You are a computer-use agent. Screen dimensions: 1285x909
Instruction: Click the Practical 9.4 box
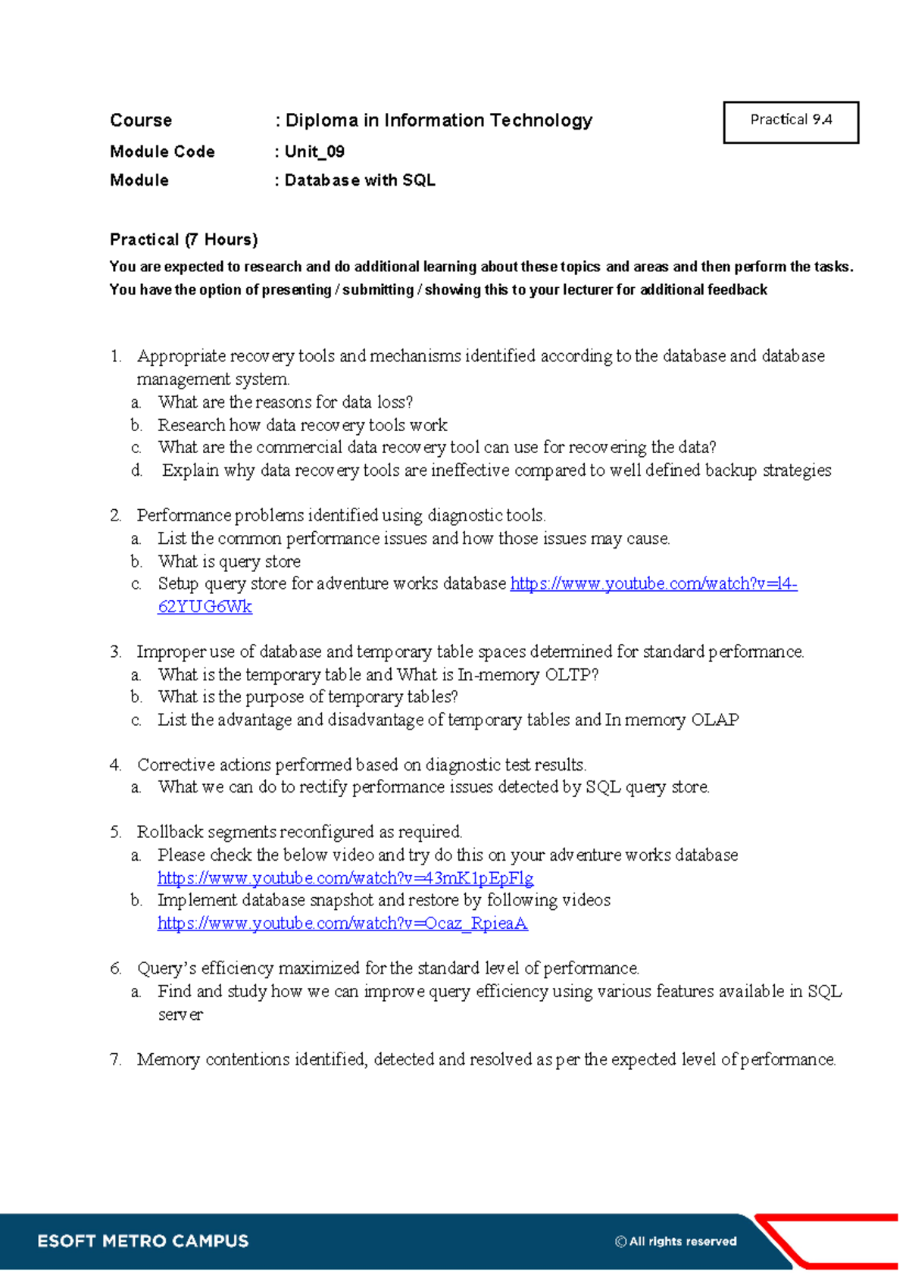[x=791, y=121]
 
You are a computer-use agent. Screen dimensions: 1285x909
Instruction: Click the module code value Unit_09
[x=314, y=152]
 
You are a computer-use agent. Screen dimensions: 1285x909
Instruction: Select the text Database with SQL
[x=360, y=180]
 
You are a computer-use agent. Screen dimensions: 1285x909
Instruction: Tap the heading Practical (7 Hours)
[x=183, y=239]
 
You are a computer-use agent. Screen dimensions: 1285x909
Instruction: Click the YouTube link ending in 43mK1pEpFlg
[x=345, y=878]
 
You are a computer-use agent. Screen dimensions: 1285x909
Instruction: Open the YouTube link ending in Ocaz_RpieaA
[x=342, y=923]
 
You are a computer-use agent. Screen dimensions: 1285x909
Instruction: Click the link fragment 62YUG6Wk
[x=205, y=607]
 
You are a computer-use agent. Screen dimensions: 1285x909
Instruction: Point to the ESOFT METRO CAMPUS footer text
[x=143, y=1241]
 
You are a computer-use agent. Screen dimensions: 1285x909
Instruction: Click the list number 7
[x=115, y=1059]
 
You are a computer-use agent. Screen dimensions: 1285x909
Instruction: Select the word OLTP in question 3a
[x=571, y=674]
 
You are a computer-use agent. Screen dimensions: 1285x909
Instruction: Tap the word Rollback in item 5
[x=170, y=832]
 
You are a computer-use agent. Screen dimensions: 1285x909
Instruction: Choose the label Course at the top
[x=141, y=120]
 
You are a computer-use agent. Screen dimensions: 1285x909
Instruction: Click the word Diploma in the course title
[x=321, y=120]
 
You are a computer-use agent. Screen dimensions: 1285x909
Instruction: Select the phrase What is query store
[x=229, y=561]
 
